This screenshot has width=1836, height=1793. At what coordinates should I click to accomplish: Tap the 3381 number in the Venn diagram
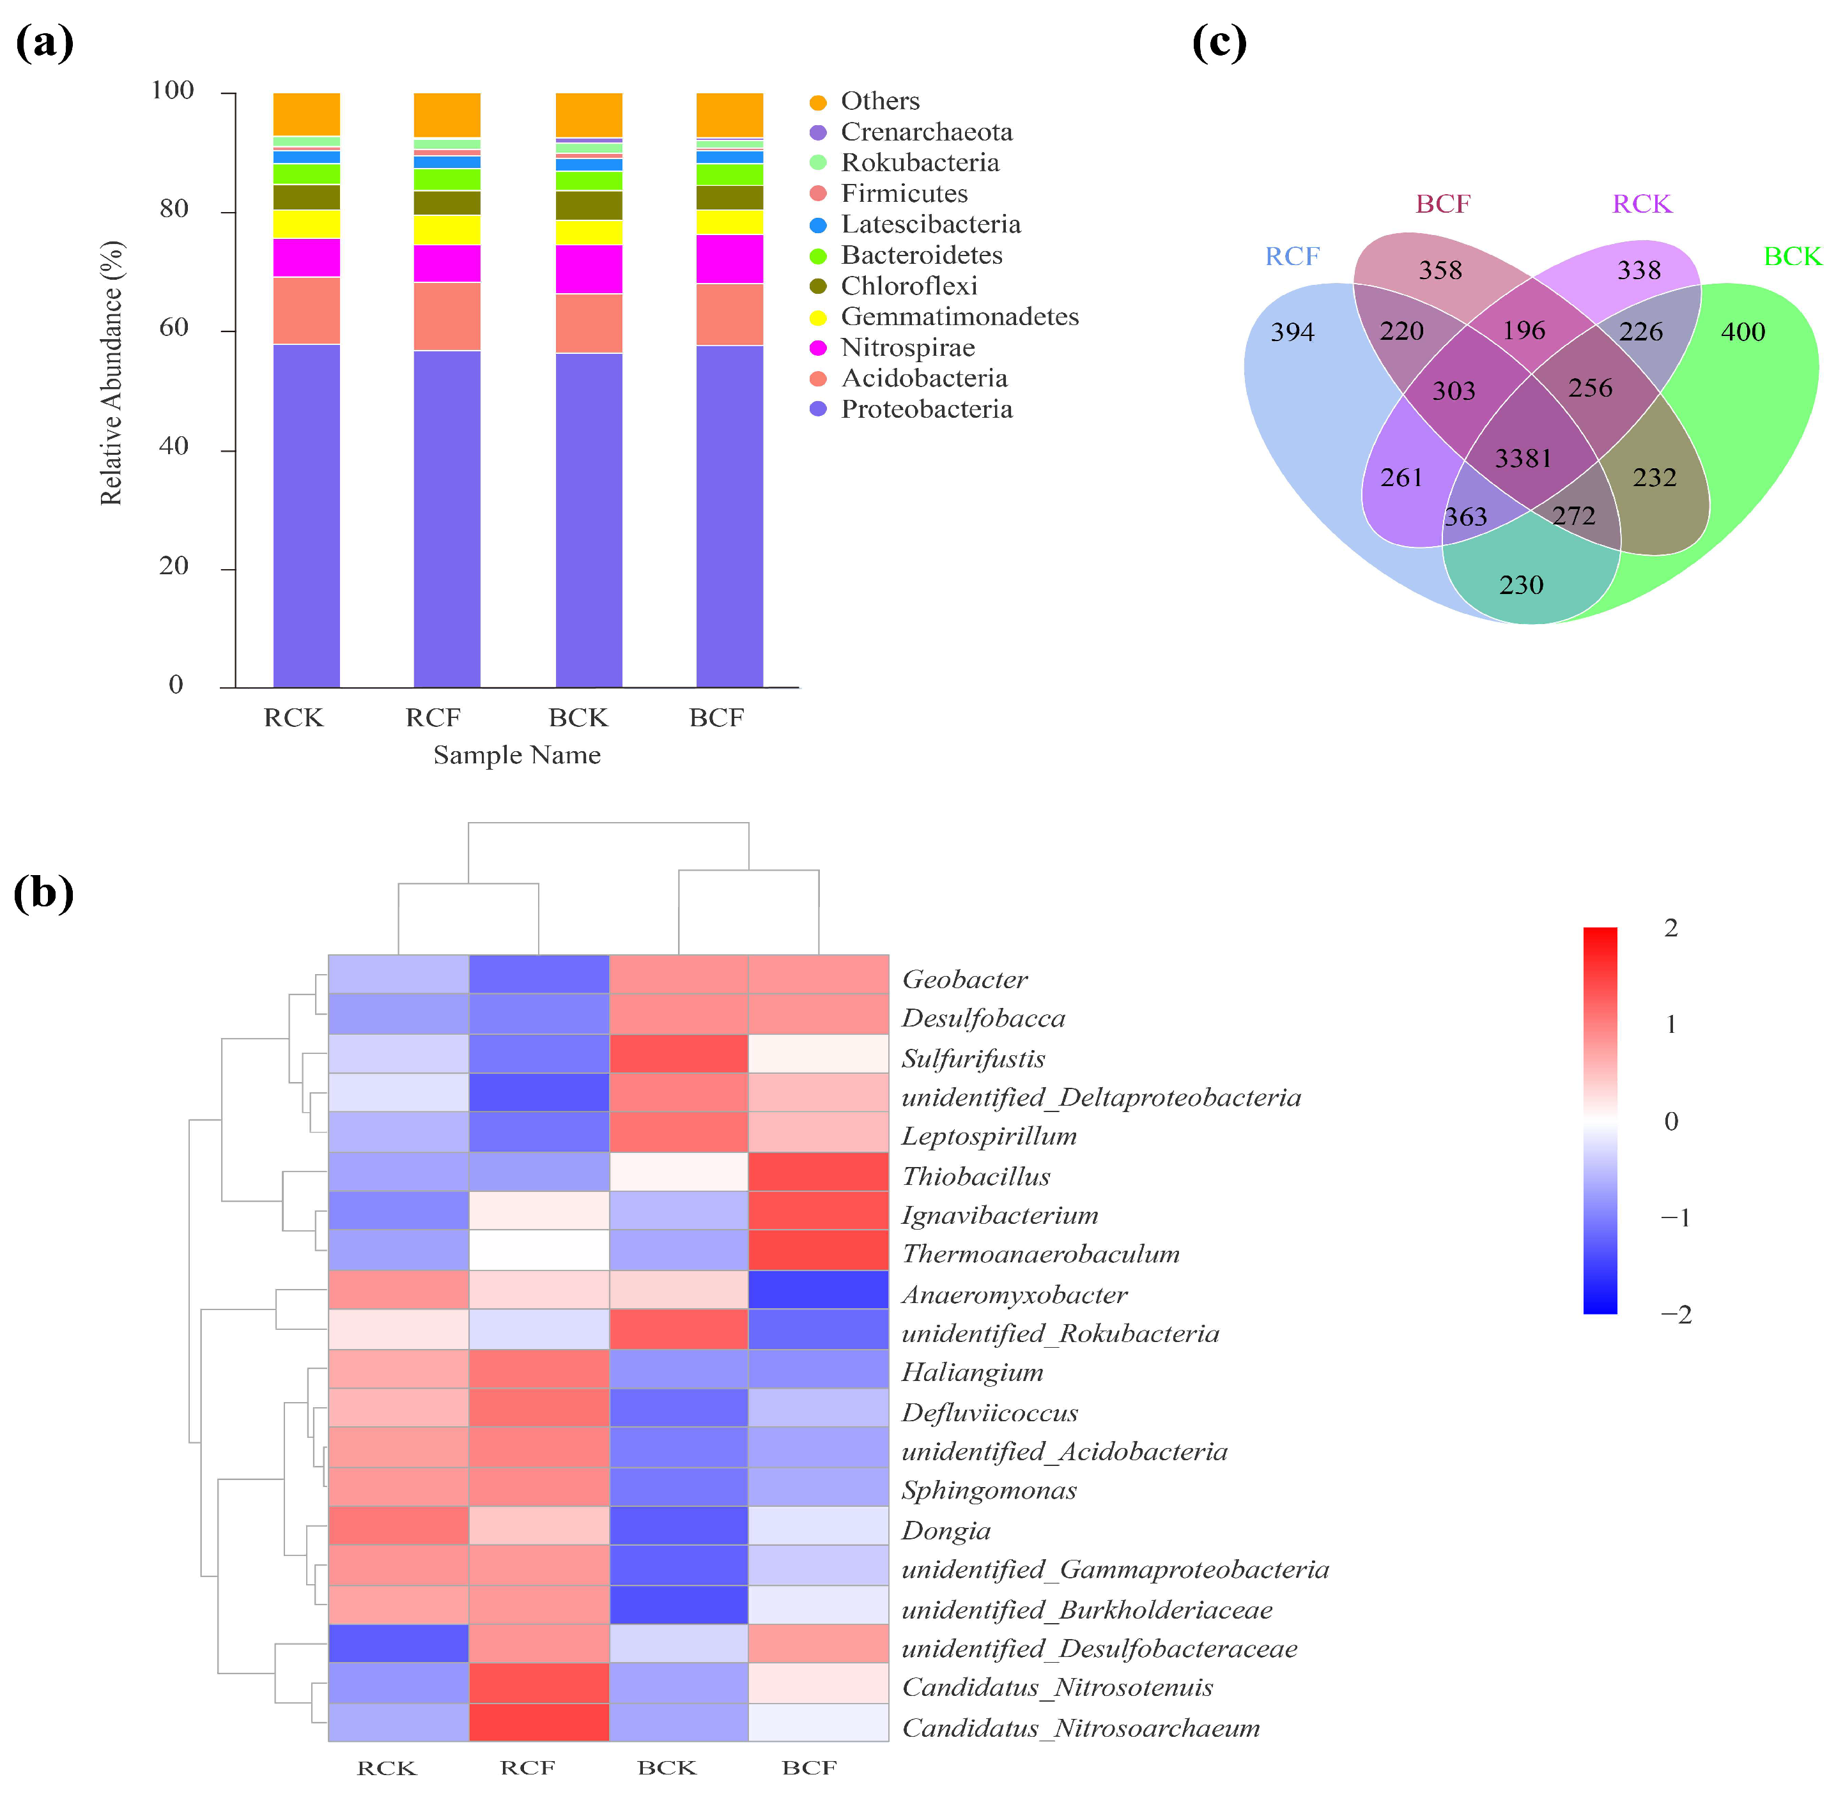1522,459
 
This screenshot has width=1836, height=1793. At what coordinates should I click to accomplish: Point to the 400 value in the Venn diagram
1742,332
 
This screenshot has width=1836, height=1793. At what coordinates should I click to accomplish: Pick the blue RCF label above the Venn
1292,256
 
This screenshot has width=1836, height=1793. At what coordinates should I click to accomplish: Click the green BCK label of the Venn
1792,256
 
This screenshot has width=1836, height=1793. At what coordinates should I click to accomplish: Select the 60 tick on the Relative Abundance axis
174,328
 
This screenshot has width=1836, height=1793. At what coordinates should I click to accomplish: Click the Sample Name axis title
516,755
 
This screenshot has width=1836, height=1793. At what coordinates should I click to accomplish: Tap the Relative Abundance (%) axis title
111,373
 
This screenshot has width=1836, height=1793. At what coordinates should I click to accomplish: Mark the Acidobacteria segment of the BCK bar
589,323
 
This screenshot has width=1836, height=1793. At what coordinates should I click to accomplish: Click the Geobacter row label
964,979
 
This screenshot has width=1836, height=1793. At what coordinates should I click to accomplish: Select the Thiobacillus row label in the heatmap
975,1176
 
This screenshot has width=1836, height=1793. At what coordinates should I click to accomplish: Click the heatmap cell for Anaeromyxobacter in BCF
818,1289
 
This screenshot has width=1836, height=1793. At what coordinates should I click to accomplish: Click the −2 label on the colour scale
1675,1315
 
